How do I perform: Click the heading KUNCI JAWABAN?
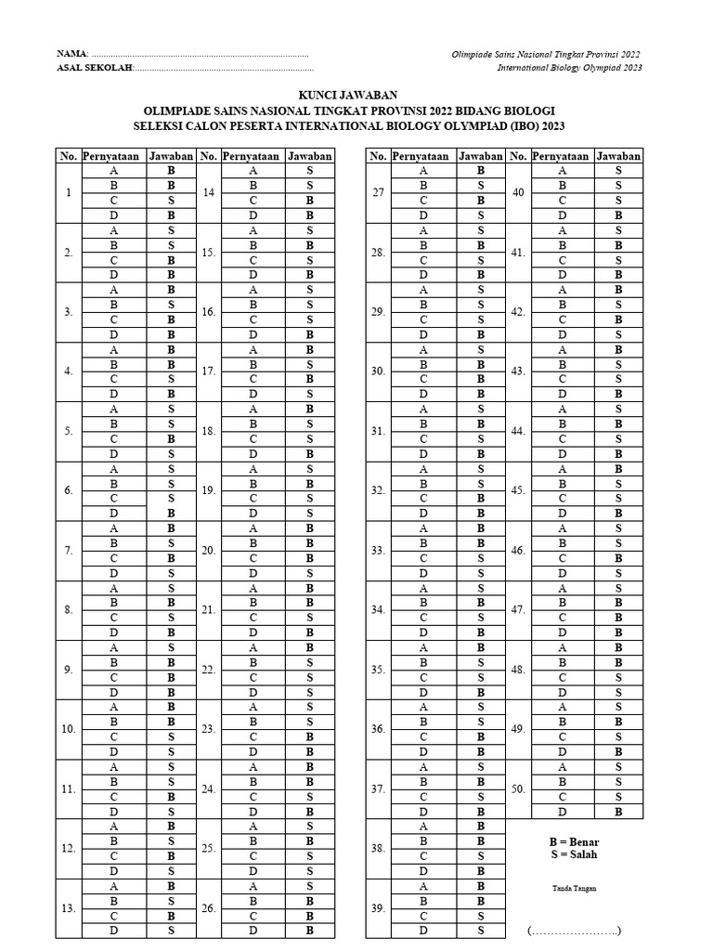point(347,95)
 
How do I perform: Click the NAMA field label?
point(72,55)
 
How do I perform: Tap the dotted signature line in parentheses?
point(574,931)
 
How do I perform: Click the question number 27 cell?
point(378,193)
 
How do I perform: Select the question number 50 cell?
point(518,788)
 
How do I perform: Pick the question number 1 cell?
point(69,193)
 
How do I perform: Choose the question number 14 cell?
point(209,193)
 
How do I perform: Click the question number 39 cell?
point(378,908)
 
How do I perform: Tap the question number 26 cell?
point(209,908)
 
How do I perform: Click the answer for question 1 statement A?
point(171,171)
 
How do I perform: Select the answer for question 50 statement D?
point(618,811)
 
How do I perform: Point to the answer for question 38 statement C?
point(481,855)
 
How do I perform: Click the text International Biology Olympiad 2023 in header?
point(568,68)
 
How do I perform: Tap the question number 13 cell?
point(69,908)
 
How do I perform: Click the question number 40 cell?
point(518,193)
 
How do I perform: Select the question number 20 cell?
point(209,551)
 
